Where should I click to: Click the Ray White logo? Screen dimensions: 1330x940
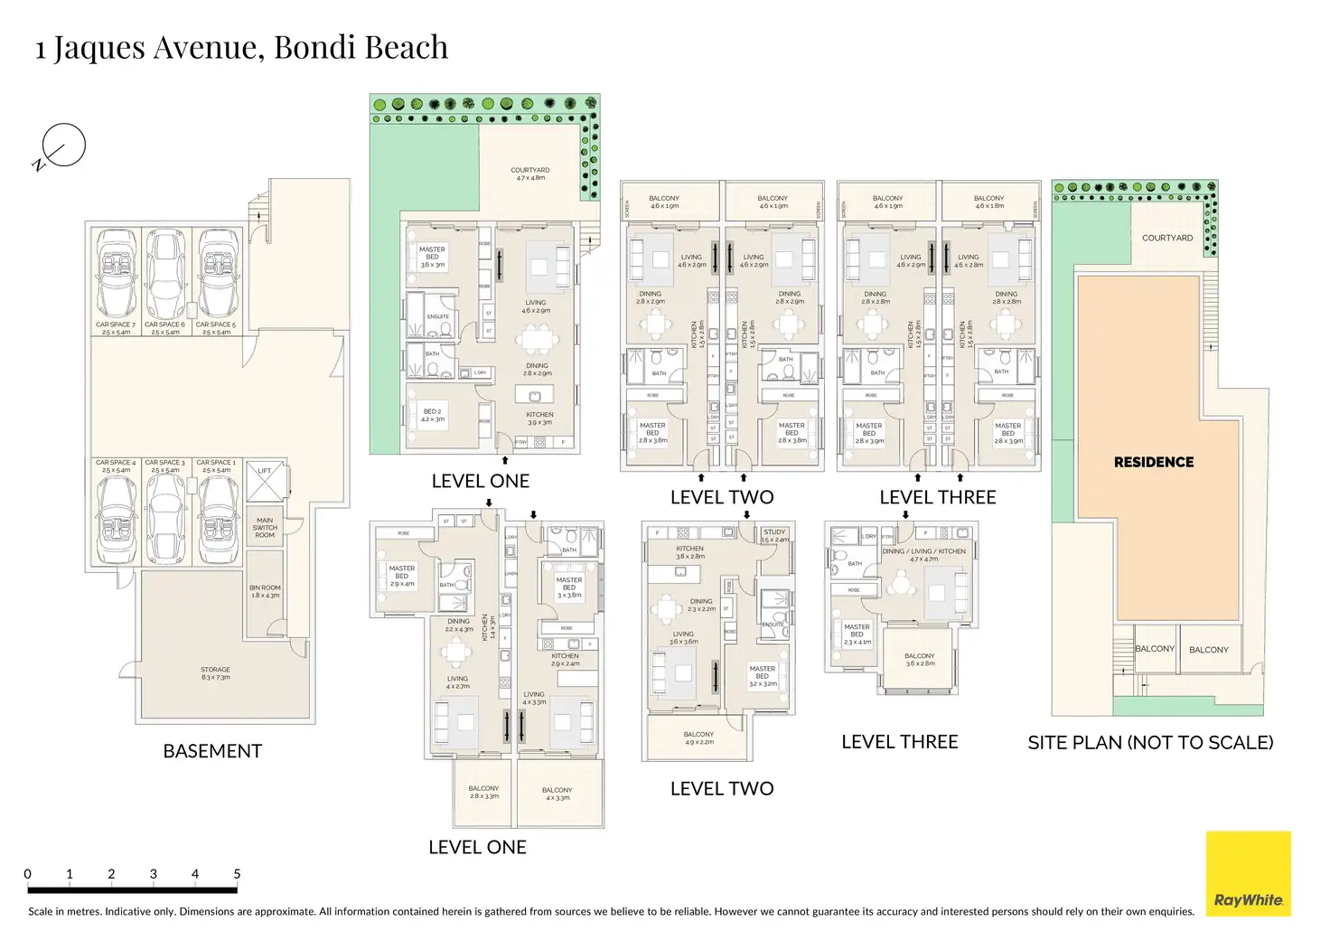(x=1248, y=873)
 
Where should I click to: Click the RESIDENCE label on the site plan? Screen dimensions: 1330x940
(x=1154, y=462)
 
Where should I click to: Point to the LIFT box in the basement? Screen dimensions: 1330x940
(x=265, y=482)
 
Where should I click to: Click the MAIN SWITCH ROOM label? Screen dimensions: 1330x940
(x=265, y=527)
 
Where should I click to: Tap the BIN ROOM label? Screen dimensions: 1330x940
(x=265, y=591)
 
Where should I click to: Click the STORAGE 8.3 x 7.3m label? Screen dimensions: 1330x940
(x=215, y=673)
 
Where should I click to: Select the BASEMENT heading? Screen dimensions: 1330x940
(x=212, y=751)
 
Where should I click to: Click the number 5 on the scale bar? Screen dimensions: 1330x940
(x=237, y=874)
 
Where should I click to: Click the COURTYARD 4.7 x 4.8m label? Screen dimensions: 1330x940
(x=530, y=174)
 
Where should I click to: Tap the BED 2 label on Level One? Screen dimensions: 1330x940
(x=433, y=415)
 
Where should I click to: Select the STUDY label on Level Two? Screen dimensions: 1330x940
(x=774, y=535)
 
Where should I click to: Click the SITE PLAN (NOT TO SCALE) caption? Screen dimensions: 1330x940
(x=1150, y=743)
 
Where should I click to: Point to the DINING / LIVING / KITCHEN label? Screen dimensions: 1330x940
(x=923, y=554)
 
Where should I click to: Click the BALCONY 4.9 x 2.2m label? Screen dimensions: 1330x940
(x=698, y=738)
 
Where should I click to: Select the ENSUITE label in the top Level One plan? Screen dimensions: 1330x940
(x=438, y=316)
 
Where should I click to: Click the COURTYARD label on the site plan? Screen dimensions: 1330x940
(x=1167, y=238)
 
